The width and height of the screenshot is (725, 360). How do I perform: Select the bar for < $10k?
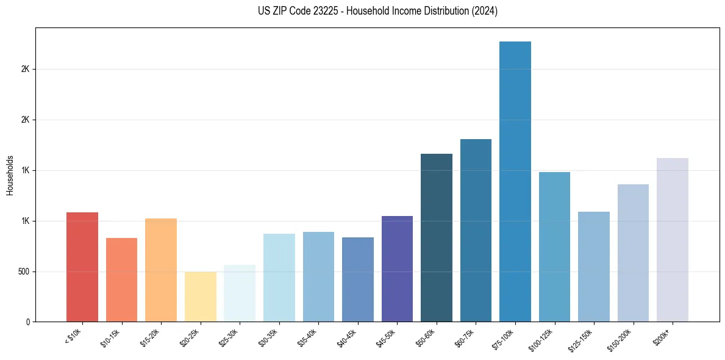(x=82, y=267)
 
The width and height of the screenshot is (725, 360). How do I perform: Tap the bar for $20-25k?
(x=201, y=297)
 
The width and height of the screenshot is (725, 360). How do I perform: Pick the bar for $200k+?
(x=673, y=240)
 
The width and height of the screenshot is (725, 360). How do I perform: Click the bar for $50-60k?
(x=437, y=238)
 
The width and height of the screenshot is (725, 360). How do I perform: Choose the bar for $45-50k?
(x=397, y=269)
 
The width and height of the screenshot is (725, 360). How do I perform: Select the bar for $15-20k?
(x=161, y=270)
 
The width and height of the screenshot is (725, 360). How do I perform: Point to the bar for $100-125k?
(x=554, y=247)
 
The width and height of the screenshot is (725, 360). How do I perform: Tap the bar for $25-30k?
(x=240, y=293)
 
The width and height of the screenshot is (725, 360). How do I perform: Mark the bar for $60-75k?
(x=476, y=231)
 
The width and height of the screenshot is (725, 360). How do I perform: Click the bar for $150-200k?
(x=633, y=253)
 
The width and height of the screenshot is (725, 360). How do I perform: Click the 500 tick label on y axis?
(x=24, y=272)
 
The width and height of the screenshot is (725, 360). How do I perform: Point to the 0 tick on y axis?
(x=28, y=322)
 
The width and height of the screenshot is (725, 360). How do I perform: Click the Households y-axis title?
(x=10, y=175)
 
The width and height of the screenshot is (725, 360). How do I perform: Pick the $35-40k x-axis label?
(x=309, y=338)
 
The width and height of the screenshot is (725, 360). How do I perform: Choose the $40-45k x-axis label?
(x=348, y=338)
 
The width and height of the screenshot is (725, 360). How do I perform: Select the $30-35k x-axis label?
(x=269, y=338)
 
